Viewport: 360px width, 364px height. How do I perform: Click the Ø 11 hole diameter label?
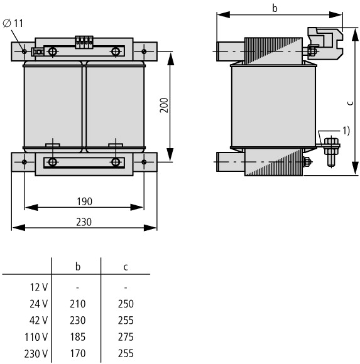coord(13,23)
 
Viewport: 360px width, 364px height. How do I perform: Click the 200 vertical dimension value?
coord(164,105)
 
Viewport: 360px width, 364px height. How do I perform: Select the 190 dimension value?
coord(84,201)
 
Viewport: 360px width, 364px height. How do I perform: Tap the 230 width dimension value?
coord(84,222)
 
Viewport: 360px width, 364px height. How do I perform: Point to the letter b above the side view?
coord(275,8)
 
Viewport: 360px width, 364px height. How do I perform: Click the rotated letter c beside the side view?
coord(351,103)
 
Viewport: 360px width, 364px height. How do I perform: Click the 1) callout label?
coord(346,131)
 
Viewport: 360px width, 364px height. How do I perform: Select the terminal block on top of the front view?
coord(84,42)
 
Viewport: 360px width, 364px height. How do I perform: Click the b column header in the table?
coord(78,267)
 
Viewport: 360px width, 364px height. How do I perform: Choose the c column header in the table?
coord(126,267)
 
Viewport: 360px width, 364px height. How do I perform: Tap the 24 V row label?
coord(38,304)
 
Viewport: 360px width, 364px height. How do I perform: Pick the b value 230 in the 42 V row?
coord(78,320)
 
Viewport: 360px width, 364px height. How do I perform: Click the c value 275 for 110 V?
coord(126,337)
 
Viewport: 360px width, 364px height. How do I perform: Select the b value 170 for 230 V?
coord(78,353)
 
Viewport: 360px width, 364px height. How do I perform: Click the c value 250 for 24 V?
coord(126,304)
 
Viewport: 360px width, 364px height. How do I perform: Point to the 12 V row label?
coord(39,287)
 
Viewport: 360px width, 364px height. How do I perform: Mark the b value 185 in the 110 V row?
coord(78,337)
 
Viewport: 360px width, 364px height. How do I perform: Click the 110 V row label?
coord(36,337)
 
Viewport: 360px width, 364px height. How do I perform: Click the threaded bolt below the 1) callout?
coord(331,152)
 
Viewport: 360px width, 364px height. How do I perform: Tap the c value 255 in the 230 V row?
coord(126,353)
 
